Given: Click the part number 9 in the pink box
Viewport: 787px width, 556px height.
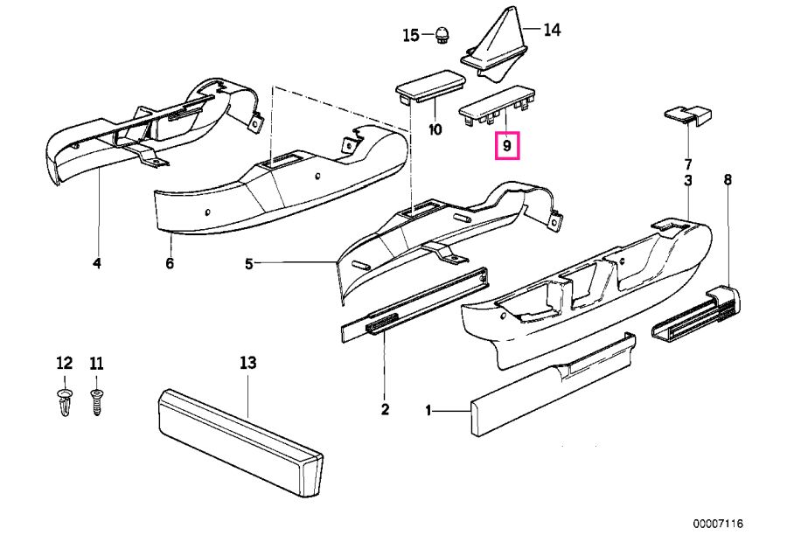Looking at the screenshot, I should pos(507,146).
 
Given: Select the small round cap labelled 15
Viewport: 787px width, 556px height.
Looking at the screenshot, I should pos(442,35).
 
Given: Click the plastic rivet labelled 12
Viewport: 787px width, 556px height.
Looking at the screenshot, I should pos(64,403).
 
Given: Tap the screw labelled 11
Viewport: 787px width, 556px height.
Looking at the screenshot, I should pos(96,402).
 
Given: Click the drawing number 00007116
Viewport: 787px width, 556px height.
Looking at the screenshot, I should pos(718,524).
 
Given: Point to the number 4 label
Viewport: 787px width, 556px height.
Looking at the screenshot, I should pos(97,263).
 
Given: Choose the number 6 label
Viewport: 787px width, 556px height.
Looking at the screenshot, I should pos(170,263).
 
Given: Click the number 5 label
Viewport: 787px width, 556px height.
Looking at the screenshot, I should pos(249,263).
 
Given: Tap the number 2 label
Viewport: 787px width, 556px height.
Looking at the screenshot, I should pos(385,409).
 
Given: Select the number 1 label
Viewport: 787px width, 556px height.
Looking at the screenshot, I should pos(429,410).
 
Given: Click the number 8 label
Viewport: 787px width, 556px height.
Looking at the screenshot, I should pos(728,180).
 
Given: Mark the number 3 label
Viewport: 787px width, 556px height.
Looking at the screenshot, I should pos(688,180).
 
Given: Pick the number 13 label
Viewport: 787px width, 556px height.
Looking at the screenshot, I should pos(247,363).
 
